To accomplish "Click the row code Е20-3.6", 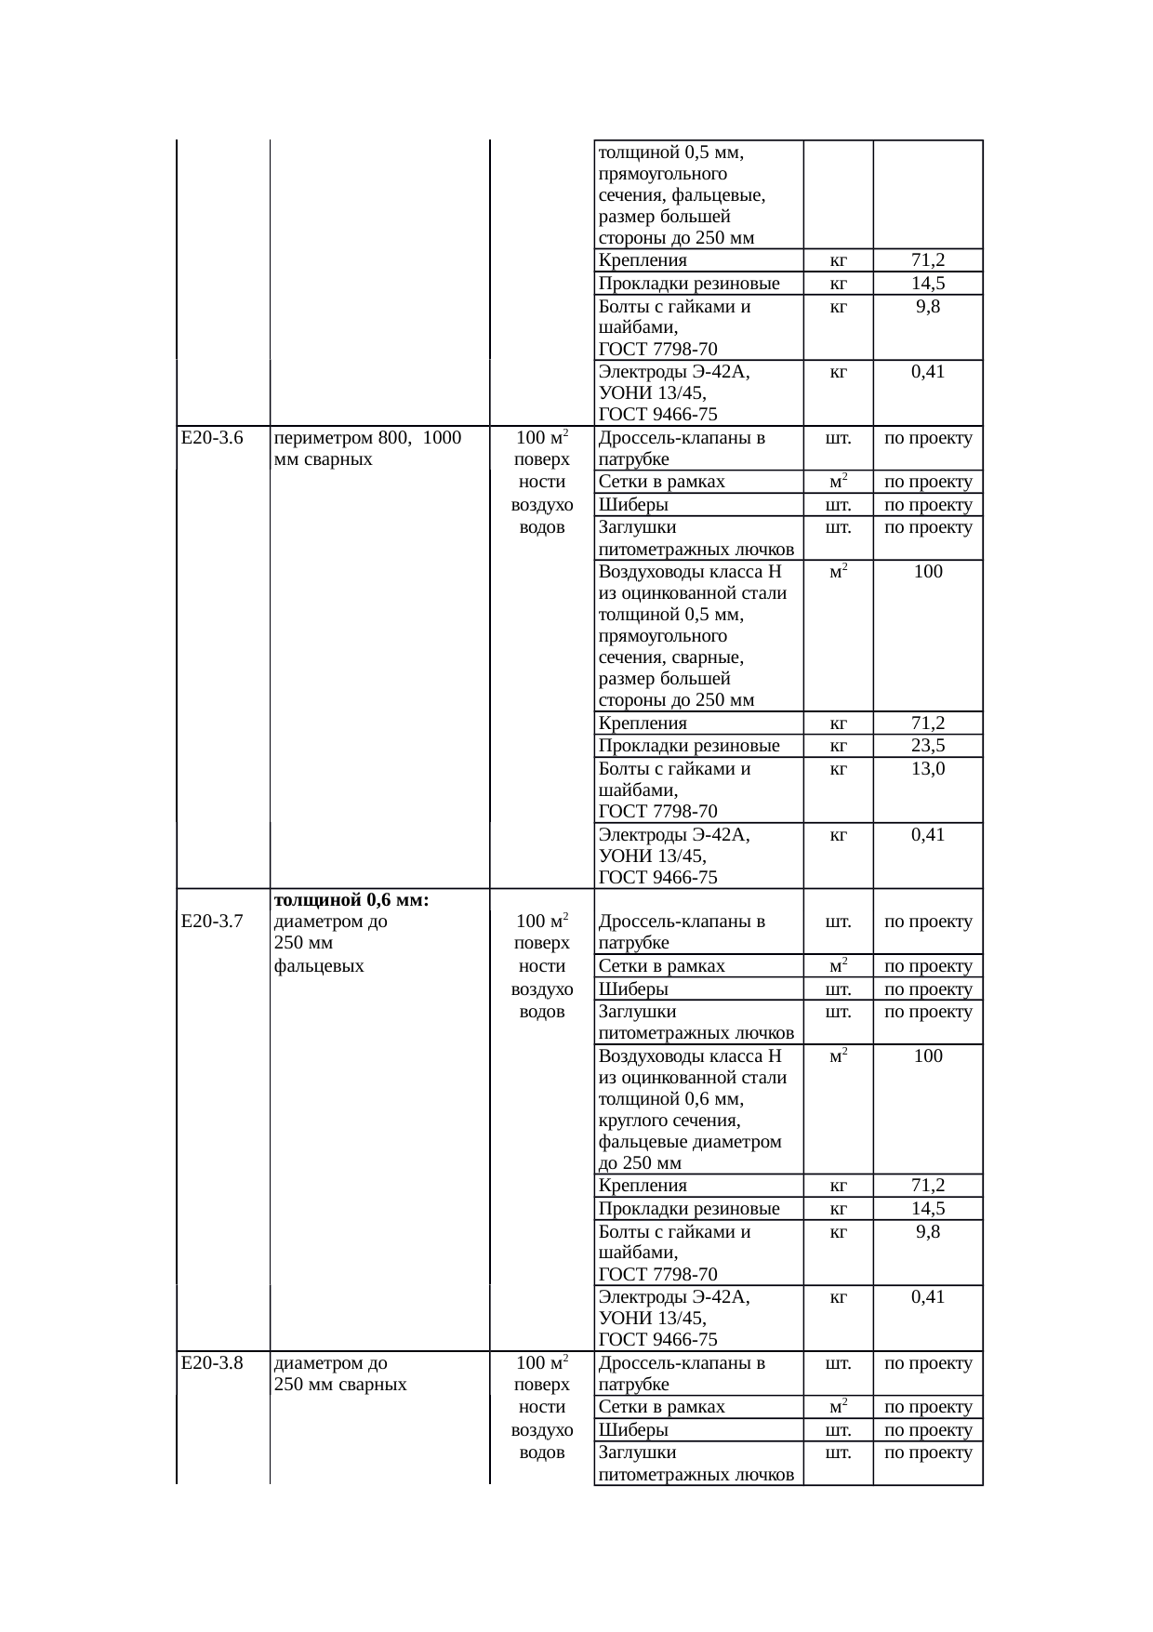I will tap(212, 438).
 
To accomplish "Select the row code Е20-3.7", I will tap(212, 922).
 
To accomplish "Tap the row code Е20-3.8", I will tap(212, 1363).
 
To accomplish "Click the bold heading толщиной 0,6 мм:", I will tap(351, 899).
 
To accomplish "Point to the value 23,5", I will tap(928, 745).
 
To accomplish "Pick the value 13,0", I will tap(928, 768).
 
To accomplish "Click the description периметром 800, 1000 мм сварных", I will tap(368, 448).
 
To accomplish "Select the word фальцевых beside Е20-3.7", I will tap(319, 966).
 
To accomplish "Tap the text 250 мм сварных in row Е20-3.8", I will tap(340, 1385).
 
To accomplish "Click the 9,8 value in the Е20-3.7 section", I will tap(928, 1231).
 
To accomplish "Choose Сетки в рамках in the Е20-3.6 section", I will tap(662, 482).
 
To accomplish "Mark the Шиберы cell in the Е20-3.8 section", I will tap(633, 1429).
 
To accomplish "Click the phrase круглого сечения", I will tap(669, 1121).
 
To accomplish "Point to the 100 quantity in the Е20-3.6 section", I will tap(928, 571).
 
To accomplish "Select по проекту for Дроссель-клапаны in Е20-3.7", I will tap(928, 922).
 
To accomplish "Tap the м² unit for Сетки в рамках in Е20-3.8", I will tap(838, 1407).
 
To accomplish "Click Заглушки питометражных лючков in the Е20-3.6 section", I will tap(696, 538).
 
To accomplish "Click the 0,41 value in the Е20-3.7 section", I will tap(928, 1296).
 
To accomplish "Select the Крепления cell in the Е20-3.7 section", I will tap(643, 1185).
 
